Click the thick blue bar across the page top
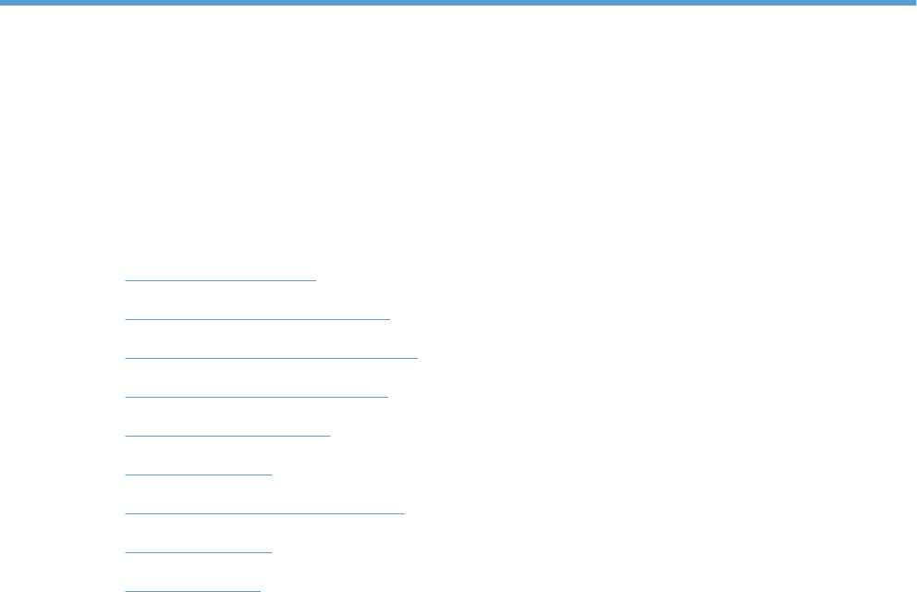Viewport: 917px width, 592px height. tap(458, 4)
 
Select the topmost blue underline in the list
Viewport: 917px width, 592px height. tap(220, 278)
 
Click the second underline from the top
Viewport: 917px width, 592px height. tap(257, 318)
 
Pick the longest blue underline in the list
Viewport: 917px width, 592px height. tap(271, 357)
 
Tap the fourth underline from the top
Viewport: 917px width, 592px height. tap(256, 396)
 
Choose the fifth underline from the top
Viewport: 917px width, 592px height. tap(226, 434)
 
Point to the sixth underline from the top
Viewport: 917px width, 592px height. tap(198, 474)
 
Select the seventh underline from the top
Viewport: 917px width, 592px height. tap(264, 512)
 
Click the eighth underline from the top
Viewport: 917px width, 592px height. tap(198, 551)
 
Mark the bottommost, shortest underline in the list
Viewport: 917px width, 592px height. tap(192, 589)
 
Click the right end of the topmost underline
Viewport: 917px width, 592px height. tap(315, 278)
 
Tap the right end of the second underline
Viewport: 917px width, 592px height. tap(389, 318)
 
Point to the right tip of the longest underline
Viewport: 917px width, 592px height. tap(417, 357)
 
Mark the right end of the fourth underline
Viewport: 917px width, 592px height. tap(387, 396)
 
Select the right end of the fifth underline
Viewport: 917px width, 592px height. tap(329, 434)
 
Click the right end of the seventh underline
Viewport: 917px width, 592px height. tap(404, 512)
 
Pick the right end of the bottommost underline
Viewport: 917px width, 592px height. tap(261, 589)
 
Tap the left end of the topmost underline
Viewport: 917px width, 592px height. tap(126, 278)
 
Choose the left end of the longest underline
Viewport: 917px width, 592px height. tap(126, 357)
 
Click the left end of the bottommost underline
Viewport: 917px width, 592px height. tap(126, 589)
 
